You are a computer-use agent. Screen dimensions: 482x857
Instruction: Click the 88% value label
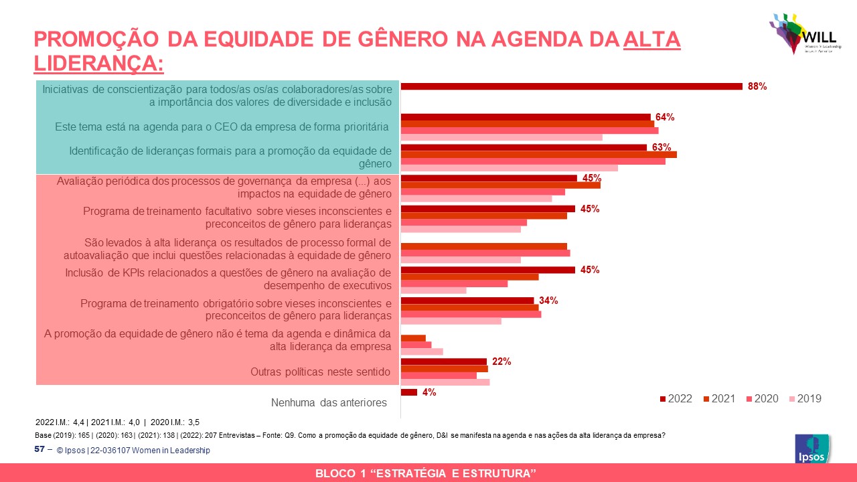pos(757,86)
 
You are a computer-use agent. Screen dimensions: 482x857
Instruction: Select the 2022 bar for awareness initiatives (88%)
pos(571,86)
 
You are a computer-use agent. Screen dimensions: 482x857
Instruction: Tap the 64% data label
pos(665,117)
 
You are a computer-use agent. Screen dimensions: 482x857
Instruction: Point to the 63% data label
pos(661,147)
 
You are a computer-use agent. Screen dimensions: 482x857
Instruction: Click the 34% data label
pos(548,301)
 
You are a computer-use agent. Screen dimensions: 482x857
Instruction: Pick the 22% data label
pos(501,361)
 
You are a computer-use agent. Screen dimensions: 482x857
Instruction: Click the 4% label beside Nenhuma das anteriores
pos(429,392)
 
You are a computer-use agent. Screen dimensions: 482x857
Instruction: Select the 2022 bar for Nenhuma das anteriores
pos(408,392)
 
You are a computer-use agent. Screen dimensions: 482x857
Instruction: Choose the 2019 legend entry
pos(805,398)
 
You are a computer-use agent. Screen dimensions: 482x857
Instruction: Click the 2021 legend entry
pos(719,398)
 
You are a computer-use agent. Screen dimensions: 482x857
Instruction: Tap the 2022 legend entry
pos(676,398)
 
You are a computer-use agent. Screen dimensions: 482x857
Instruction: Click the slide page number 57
pos(40,449)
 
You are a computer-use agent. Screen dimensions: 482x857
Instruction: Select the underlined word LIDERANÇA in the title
pos(98,64)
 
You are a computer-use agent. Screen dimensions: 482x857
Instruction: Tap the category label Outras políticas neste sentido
pos(320,372)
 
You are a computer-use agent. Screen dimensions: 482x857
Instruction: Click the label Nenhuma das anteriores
pos(329,403)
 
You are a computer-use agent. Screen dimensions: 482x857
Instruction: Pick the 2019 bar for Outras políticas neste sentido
pos(445,382)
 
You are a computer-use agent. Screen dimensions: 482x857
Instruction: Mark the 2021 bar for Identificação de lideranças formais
pos(538,155)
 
